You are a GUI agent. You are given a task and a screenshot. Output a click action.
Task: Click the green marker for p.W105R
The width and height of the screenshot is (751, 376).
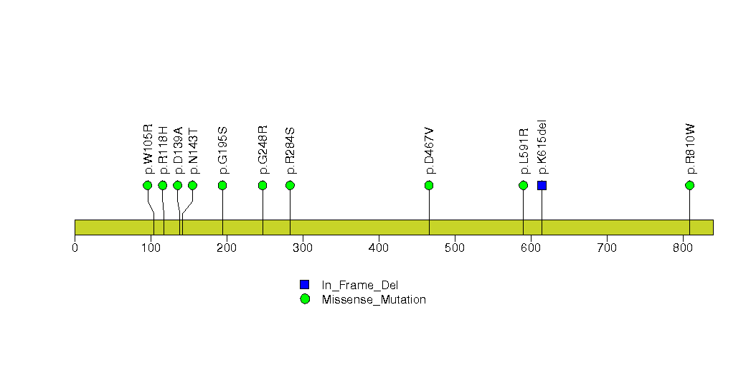click(x=148, y=185)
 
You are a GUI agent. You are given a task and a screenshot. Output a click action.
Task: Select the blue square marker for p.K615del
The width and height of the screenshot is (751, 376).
click(x=542, y=185)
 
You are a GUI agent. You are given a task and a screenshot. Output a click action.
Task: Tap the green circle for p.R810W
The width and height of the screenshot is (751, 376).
click(x=690, y=185)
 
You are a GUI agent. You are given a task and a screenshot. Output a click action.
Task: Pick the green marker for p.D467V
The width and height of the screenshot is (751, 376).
click(x=429, y=185)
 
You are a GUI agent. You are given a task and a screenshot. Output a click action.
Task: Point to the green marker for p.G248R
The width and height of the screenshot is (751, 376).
click(x=263, y=185)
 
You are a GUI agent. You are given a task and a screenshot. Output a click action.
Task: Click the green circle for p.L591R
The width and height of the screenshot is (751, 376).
click(x=523, y=185)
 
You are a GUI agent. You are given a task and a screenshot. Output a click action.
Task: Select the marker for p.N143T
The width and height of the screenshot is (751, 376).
click(x=192, y=185)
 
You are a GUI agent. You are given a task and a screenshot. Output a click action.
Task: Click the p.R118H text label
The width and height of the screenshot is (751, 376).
click(x=164, y=150)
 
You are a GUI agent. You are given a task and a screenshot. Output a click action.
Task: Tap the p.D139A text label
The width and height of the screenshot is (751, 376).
click(x=178, y=151)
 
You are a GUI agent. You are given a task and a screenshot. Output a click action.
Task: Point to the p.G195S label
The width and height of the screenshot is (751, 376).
click(x=222, y=151)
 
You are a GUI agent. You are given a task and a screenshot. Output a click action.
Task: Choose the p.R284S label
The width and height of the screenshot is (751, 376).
click(x=291, y=151)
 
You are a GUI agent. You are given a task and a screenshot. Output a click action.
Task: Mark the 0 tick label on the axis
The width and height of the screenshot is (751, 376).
click(x=75, y=248)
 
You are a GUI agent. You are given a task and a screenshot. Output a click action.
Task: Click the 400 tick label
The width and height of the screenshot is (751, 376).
click(x=379, y=248)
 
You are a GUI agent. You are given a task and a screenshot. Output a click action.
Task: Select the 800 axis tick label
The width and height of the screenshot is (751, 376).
click(x=683, y=248)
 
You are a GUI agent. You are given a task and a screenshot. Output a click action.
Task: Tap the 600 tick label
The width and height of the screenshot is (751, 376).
click(x=531, y=248)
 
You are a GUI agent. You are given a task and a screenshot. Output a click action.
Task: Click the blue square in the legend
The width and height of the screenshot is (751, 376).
click(x=305, y=285)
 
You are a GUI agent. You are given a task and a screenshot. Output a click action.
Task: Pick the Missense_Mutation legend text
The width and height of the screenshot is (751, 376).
click(x=374, y=300)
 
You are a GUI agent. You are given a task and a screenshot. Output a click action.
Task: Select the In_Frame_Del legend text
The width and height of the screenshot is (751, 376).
click(x=359, y=286)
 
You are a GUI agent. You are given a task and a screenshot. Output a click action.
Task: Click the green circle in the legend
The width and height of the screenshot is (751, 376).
click(x=305, y=299)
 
